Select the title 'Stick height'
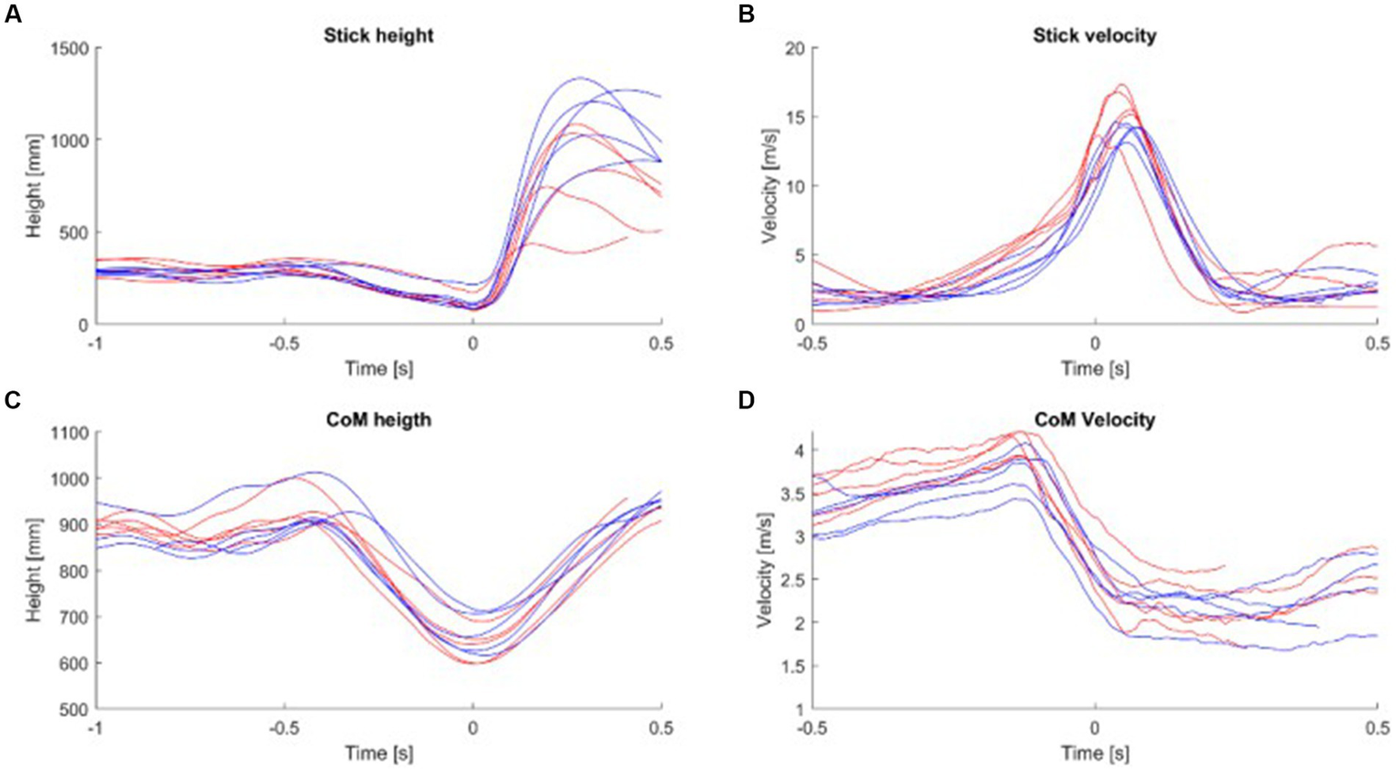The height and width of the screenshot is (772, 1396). click(378, 35)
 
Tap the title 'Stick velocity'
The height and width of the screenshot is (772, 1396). click(1094, 35)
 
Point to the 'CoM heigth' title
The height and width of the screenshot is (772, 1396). click(378, 420)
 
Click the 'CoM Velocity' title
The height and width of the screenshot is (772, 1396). click(1094, 420)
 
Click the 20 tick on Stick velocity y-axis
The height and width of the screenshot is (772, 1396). click(796, 48)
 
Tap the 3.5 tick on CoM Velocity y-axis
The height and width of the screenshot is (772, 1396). click(793, 494)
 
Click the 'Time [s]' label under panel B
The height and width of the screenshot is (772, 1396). click(1094, 368)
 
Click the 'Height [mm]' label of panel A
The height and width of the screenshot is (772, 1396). click(34, 185)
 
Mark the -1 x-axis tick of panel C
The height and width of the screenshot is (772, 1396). click(95, 728)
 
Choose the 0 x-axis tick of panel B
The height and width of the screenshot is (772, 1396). click(1095, 344)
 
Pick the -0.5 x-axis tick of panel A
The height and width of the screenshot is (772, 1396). click(284, 344)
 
